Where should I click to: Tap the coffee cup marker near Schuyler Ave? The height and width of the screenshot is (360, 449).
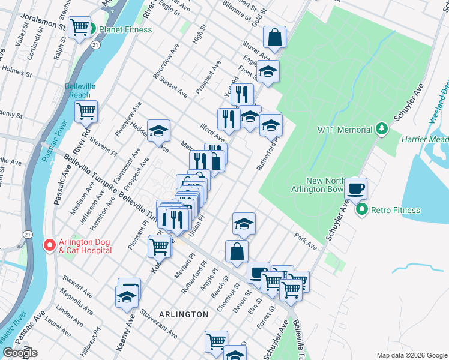point(355,188)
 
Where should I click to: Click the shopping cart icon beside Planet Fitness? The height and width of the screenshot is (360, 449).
point(79,27)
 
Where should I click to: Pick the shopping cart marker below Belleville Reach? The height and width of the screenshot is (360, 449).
point(86,110)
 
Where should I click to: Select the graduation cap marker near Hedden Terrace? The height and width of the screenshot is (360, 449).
point(158,130)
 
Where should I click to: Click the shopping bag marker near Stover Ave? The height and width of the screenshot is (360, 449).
point(274,37)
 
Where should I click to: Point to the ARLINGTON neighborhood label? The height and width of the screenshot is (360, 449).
point(184,314)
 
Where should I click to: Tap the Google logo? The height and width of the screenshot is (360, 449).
point(20,353)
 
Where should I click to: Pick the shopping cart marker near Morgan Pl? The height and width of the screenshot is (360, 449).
point(159,245)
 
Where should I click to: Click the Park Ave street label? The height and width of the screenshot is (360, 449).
point(306,241)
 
